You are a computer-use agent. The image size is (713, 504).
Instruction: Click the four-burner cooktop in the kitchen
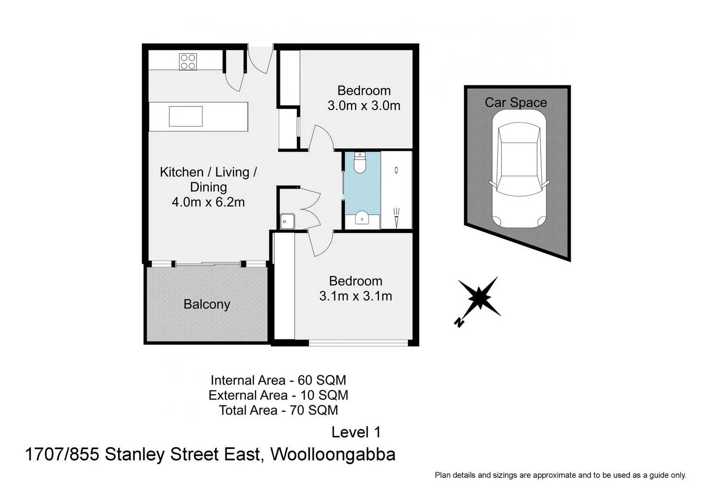tap(188, 62)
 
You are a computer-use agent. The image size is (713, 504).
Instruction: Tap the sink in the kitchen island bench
tap(186, 116)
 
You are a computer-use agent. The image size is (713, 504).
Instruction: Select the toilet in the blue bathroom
tap(361, 163)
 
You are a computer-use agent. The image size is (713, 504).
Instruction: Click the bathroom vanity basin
tap(362, 217)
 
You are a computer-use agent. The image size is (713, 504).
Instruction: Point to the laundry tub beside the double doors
tap(287, 221)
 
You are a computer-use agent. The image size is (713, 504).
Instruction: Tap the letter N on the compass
tap(459, 322)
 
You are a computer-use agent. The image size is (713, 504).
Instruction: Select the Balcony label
tap(207, 304)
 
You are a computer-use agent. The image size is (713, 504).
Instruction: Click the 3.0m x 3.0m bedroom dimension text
tap(364, 105)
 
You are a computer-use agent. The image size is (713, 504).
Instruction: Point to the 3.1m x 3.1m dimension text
tap(356, 296)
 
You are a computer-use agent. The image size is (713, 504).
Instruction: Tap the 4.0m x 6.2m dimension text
tap(208, 202)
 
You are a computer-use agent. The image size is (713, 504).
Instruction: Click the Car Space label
tap(516, 103)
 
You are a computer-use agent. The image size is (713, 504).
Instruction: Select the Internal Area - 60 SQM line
tap(278, 380)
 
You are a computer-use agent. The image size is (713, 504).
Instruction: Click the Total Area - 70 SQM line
tap(278, 410)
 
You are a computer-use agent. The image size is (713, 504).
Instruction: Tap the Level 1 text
tap(356, 432)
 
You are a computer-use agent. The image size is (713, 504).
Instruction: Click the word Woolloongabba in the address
tap(333, 454)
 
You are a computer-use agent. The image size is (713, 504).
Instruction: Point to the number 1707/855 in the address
tap(62, 454)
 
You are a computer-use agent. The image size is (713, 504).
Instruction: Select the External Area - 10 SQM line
tap(278, 395)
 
